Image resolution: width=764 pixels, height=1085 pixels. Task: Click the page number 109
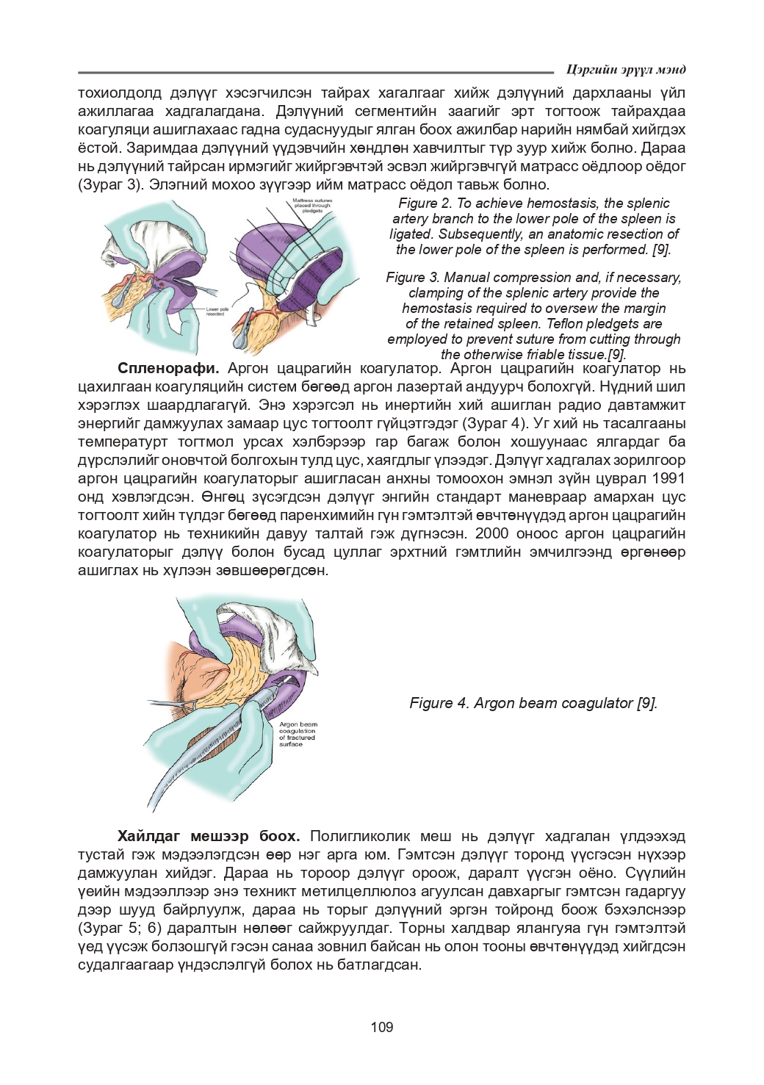click(381, 1027)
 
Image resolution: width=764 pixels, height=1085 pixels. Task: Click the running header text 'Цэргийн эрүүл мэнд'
click(626, 70)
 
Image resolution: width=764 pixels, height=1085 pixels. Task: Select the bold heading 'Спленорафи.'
click(168, 368)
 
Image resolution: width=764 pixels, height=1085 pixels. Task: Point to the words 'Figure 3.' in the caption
click(413, 278)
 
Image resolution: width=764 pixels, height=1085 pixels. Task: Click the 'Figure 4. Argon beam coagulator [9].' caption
click(533, 703)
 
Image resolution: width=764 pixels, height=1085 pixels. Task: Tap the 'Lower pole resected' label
click(217, 311)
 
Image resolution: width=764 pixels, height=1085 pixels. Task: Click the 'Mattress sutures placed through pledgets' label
click(312, 205)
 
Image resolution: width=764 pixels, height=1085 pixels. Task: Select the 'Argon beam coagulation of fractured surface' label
click(298, 734)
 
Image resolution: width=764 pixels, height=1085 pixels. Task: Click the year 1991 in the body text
click(668, 478)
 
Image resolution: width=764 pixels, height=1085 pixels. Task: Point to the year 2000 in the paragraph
click(491, 533)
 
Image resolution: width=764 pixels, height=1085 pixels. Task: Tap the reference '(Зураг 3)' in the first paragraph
click(110, 184)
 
